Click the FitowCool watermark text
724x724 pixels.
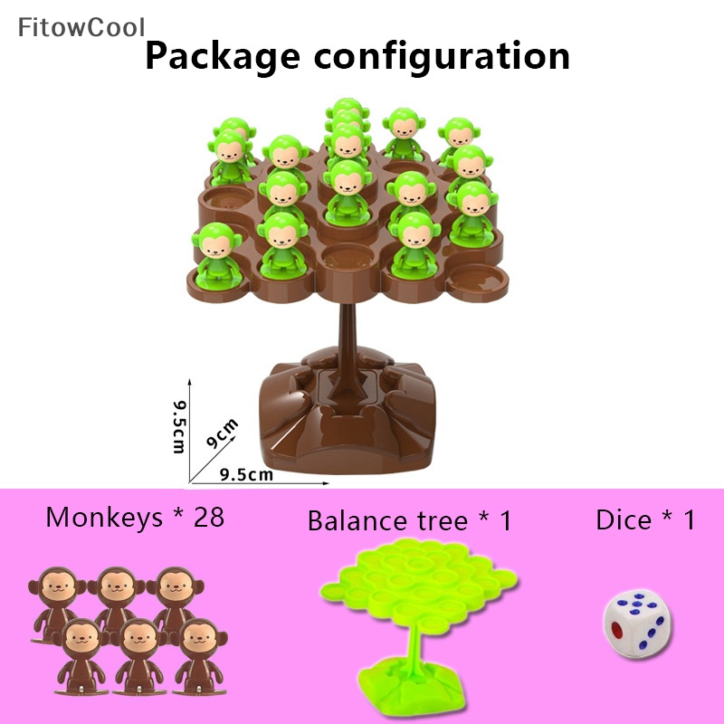[x=81, y=27]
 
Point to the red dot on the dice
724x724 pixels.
[x=619, y=626]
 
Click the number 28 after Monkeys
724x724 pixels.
[x=205, y=518]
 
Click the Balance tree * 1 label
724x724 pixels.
[x=409, y=521]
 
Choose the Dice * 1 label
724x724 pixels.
[x=645, y=519]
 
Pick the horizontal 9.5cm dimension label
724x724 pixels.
[x=247, y=473]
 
